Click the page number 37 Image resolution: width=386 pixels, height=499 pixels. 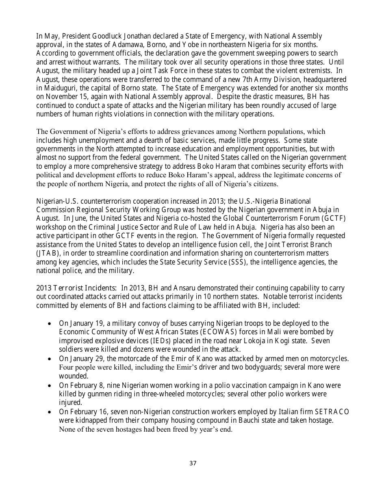[x=193, y=463]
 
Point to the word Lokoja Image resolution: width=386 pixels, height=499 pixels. [x=220, y=341]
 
